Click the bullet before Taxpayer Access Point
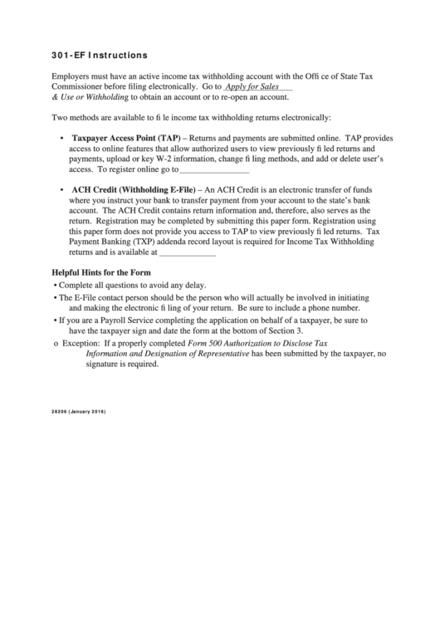click(62, 138)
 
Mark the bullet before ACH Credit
click(62, 191)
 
